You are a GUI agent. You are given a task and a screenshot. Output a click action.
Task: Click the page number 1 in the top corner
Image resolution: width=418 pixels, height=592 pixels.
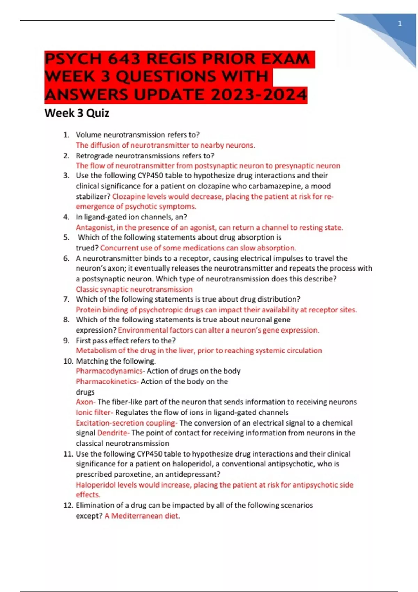(x=400, y=24)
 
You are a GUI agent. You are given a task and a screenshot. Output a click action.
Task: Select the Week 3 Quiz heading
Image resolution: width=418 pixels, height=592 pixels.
(x=77, y=113)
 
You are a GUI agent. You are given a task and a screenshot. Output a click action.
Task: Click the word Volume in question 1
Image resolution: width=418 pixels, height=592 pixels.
(x=88, y=135)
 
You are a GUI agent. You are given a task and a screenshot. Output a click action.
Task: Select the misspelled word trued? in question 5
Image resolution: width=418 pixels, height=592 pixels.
(x=87, y=248)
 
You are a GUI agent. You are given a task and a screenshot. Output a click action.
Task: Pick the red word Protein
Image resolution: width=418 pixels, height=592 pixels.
(x=88, y=310)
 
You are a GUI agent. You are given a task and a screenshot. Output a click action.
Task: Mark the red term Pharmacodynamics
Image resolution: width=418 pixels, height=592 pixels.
(x=109, y=371)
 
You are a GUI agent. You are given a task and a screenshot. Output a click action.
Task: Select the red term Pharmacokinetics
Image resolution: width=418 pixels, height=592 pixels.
(x=107, y=382)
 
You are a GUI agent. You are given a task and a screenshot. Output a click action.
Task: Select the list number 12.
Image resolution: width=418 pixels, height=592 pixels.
(x=68, y=505)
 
